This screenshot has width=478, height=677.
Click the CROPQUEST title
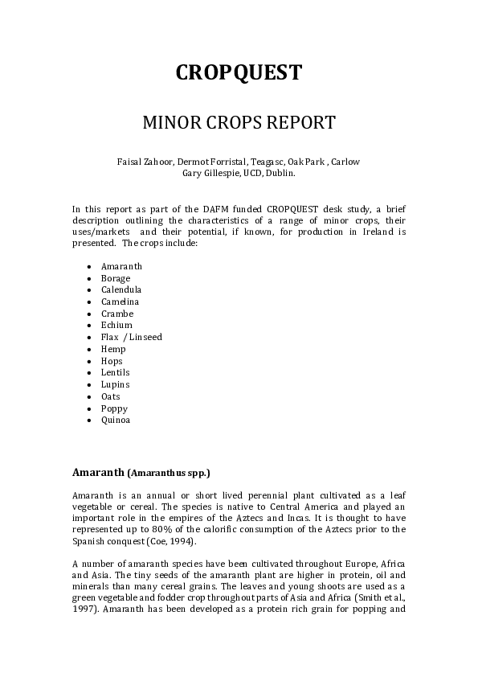click(x=239, y=73)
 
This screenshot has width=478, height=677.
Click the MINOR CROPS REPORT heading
click(x=239, y=123)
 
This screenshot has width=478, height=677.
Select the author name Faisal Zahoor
click(x=145, y=162)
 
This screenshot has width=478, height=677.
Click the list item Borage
click(x=116, y=278)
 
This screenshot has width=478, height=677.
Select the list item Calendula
click(x=121, y=289)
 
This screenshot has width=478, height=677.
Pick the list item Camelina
click(x=120, y=302)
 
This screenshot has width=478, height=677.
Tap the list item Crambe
click(x=117, y=314)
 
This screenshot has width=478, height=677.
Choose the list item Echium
click(x=116, y=325)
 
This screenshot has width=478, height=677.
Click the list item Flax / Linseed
click(x=132, y=337)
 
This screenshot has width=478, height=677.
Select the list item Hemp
click(x=114, y=349)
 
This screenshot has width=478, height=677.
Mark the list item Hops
click(x=112, y=361)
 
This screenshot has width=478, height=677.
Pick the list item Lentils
click(x=116, y=372)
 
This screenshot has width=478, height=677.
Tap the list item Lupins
click(x=115, y=384)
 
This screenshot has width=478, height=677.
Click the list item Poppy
click(x=114, y=408)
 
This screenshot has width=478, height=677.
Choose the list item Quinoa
click(x=116, y=420)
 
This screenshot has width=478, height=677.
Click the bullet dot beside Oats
click(x=88, y=396)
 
